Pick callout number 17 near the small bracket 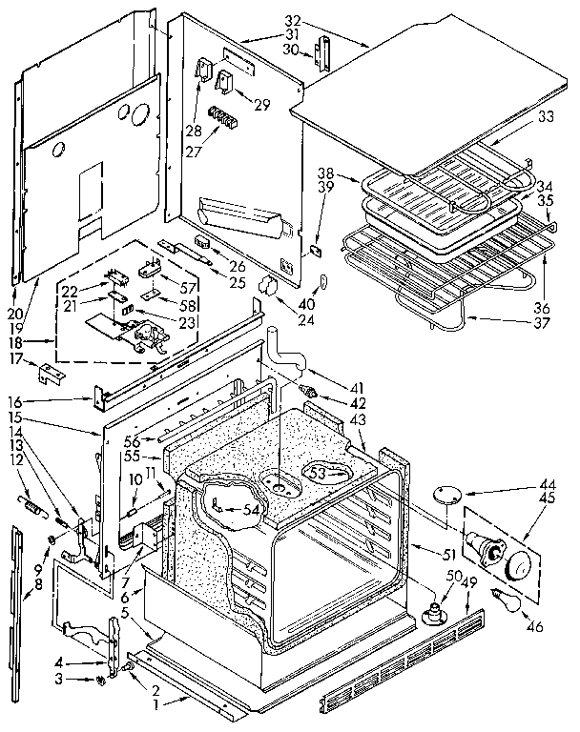point(14,358)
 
